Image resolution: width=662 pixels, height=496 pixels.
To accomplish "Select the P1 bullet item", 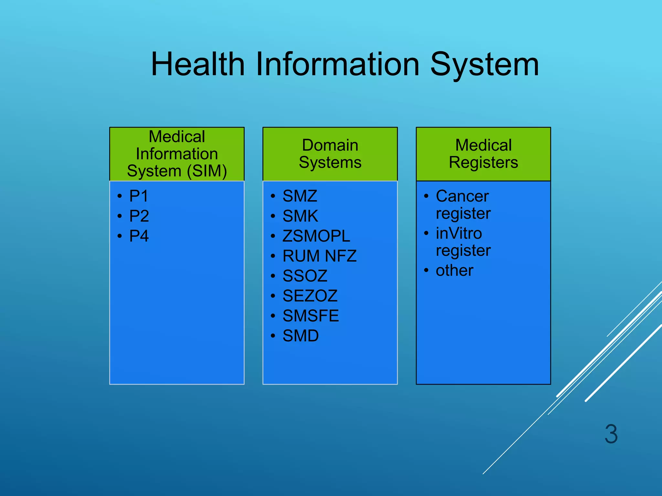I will [139, 196].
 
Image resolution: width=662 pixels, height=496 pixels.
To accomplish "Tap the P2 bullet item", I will [139, 216].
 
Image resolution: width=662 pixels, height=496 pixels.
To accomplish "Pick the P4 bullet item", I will [139, 236].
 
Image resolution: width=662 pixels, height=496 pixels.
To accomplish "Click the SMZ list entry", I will [300, 196].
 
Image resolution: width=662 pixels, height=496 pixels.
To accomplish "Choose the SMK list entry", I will [300, 216].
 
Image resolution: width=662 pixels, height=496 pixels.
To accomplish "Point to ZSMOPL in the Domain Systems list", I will [316, 236].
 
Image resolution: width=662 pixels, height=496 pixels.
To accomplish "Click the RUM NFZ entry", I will [319, 256].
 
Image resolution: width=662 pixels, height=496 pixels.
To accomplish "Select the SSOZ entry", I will [305, 276].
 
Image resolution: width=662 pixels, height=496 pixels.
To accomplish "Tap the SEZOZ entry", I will [310, 296].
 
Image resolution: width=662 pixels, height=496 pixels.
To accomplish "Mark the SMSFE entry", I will [311, 316].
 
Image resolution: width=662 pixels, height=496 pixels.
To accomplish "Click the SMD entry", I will [301, 336].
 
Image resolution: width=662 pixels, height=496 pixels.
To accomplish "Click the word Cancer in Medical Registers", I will [462, 196].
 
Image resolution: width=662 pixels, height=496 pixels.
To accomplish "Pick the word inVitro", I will [459, 233].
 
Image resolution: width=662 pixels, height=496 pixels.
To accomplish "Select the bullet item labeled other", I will [454, 271].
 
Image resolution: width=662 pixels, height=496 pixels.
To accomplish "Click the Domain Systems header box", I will [330, 154].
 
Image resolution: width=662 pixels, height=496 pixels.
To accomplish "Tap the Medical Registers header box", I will [483, 154].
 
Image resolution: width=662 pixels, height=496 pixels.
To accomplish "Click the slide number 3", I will [611, 434].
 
